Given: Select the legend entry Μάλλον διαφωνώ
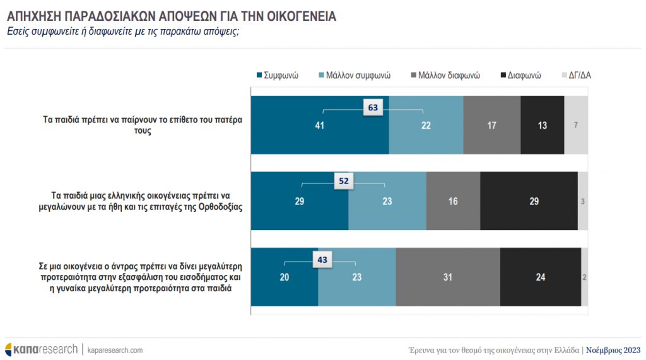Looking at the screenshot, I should click(x=445, y=75).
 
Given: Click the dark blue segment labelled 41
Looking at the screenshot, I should click(x=320, y=125).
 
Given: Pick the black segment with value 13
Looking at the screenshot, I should click(x=543, y=125).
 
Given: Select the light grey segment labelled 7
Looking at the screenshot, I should click(x=576, y=125).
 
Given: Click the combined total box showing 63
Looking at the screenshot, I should click(x=373, y=108).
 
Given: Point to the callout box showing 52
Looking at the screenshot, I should click(x=344, y=181).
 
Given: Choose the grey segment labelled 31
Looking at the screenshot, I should click(x=448, y=277).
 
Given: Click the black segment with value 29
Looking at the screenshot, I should click(x=529, y=201).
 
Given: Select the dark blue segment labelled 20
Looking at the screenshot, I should click(x=285, y=277).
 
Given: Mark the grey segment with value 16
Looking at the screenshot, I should click(x=453, y=201).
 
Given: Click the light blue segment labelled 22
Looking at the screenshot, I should click(x=426, y=125).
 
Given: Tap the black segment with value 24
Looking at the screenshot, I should click(x=540, y=277).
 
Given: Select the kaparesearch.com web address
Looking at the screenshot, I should click(x=115, y=349).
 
